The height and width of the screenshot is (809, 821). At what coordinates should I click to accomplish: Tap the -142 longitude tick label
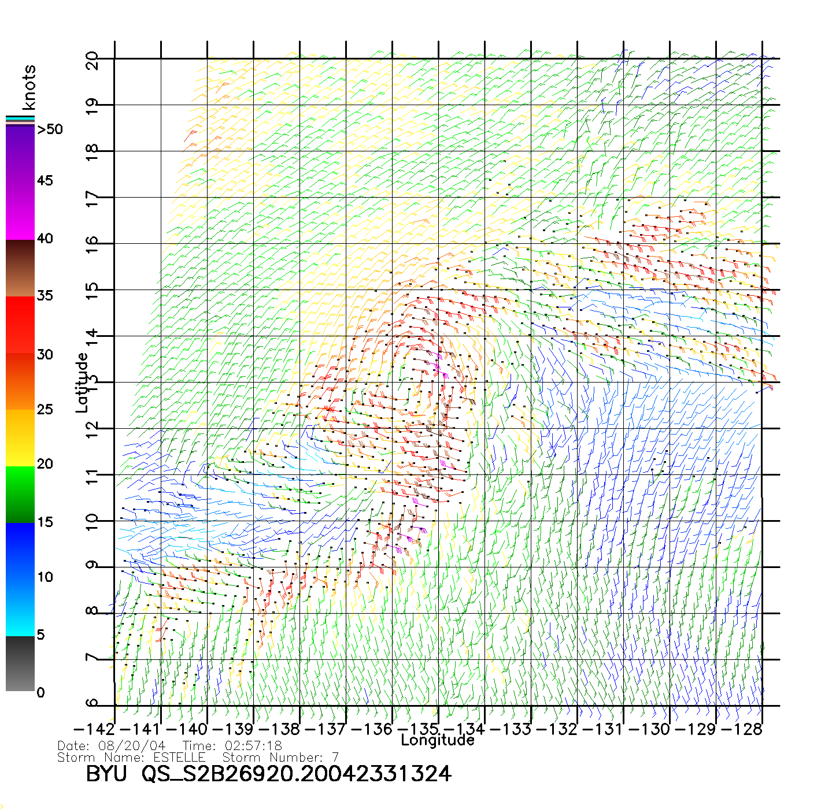[94, 729]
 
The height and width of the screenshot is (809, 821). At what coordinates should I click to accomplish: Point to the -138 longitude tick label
[279, 729]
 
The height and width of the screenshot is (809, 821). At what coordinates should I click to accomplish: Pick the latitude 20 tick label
[92, 60]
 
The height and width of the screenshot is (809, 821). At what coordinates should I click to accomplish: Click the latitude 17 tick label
[92, 199]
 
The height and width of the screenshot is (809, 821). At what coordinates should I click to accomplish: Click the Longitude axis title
[437, 740]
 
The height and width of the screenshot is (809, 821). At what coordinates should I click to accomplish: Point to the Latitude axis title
[82, 383]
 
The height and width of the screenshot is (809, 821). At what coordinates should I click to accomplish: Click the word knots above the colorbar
[28, 87]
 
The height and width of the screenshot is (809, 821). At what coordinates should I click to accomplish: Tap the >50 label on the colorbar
[50, 129]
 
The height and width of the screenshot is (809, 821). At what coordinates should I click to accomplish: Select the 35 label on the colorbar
[45, 296]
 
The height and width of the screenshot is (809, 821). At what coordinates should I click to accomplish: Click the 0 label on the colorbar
[40, 692]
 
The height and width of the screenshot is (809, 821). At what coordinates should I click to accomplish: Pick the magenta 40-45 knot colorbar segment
[20, 211]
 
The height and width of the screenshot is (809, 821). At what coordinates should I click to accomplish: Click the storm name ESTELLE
[179, 757]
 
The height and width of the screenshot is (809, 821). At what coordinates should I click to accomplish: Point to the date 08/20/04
[132, 746]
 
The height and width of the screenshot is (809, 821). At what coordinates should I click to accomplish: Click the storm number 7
[335, 757]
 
